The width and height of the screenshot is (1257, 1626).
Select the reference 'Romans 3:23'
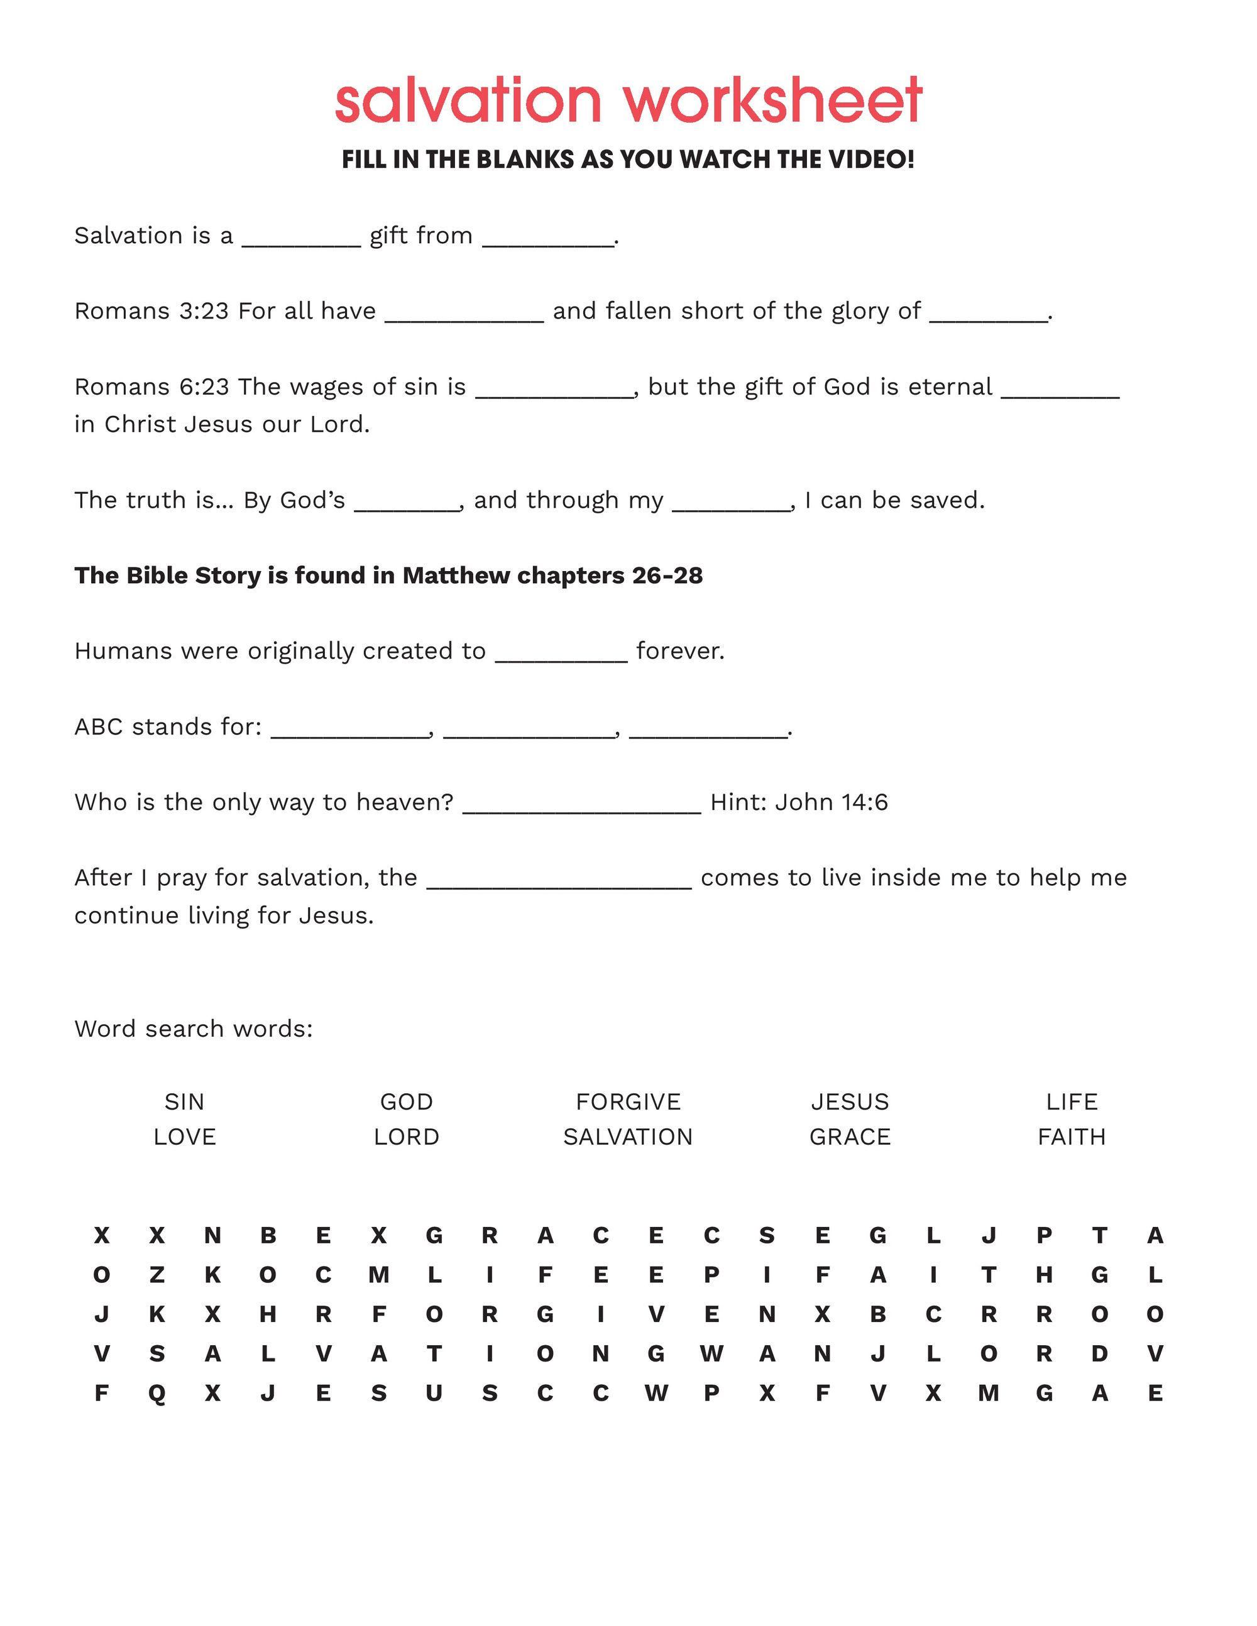click(x=151, y=310)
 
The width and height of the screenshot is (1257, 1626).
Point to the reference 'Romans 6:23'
click(x=151, y=386)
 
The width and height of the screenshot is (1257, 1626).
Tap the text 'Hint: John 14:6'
click(x=799, y=802)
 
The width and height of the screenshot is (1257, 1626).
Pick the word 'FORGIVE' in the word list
click(x=628, y=1101)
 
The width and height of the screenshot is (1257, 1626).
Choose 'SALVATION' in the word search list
click(x=628, y=1137)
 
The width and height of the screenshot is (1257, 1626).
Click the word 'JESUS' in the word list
click(x=850, y=1101)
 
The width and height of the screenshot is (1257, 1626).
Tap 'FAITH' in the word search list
click(x=1072, y=1137)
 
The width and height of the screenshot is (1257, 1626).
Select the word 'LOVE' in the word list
click(x=185, y=1137)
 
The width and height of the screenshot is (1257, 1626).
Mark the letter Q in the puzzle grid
click(x=157, y=1394)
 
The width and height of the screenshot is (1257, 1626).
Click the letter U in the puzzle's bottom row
click(x=434, y=1393)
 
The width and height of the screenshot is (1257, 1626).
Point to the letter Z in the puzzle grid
click(x=157, y=1275)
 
